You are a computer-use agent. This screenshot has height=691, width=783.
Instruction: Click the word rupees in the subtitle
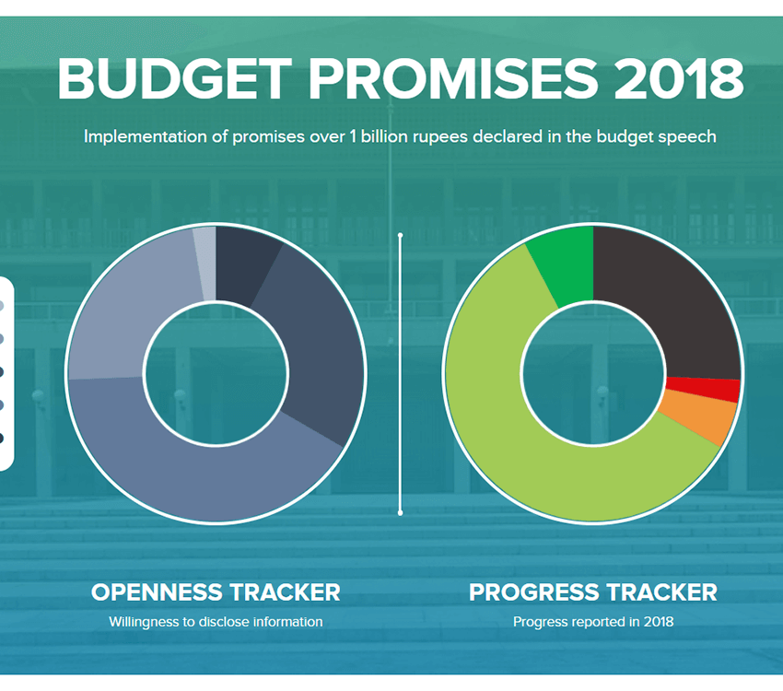[455, 136]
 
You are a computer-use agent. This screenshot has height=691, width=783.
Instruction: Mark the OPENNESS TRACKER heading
[216, 591]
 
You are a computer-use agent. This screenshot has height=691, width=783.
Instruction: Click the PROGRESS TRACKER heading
[593, 591]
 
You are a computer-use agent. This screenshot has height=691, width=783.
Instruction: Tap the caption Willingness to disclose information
[216, 622]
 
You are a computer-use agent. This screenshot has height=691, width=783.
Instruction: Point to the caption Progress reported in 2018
[593, 622]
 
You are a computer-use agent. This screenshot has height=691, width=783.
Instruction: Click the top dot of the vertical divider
[400, 236]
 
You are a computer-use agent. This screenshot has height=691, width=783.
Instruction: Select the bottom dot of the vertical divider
[400, 512]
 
